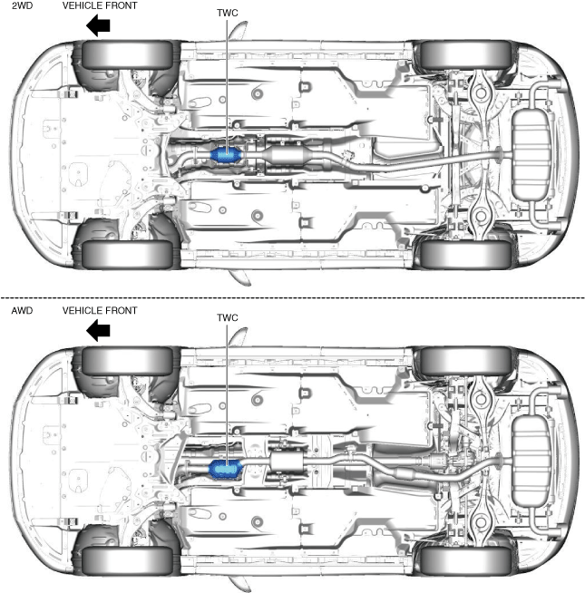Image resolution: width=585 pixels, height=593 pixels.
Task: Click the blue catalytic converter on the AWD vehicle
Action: pyautogui.click(x=223, y=469)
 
